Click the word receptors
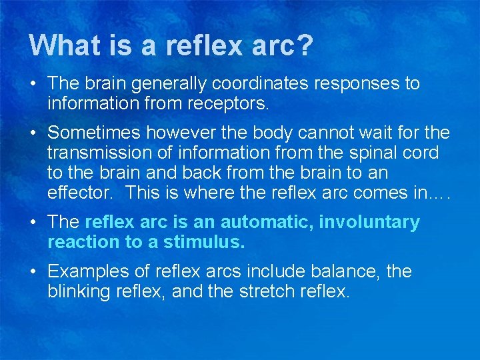(228, 104)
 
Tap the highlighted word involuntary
(369, 222)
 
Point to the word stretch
(271, 291)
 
